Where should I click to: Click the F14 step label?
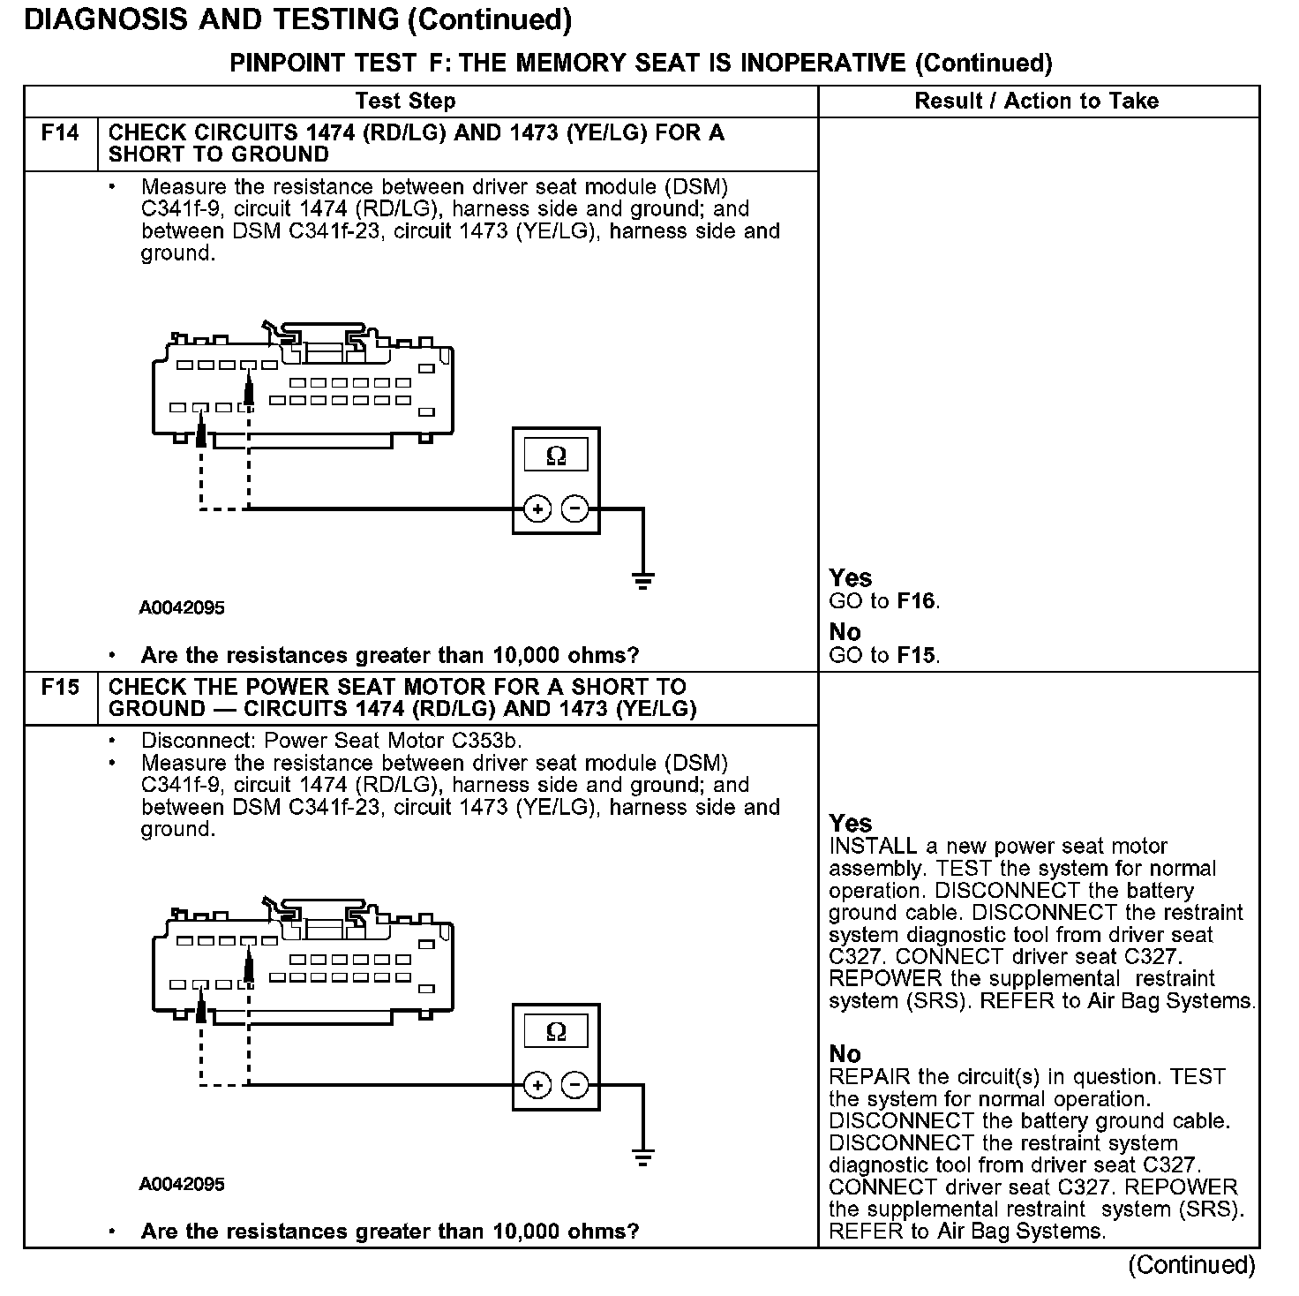point(60,133)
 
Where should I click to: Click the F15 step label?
point(60,688)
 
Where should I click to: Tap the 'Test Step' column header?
point(406,102)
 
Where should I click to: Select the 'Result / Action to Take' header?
point(1036,102)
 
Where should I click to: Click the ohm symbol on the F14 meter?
point(556,456)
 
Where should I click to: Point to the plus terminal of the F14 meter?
point(537,509)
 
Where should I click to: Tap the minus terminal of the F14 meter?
point(575,509)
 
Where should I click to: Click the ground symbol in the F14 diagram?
point(643,579)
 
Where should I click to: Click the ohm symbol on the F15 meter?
point(556,1031)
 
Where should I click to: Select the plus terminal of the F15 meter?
point(537,1085)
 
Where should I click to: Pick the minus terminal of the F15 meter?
point(575,1085)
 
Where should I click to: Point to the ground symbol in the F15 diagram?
point(643,1156)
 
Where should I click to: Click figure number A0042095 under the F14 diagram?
point(182,608)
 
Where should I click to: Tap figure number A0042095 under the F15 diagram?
point(182,1185)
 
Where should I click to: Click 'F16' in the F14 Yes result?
point(915,602)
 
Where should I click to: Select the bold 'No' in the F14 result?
point(845,632)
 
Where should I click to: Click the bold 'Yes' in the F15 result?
point(851,824)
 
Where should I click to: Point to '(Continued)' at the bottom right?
point(1191,1265)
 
